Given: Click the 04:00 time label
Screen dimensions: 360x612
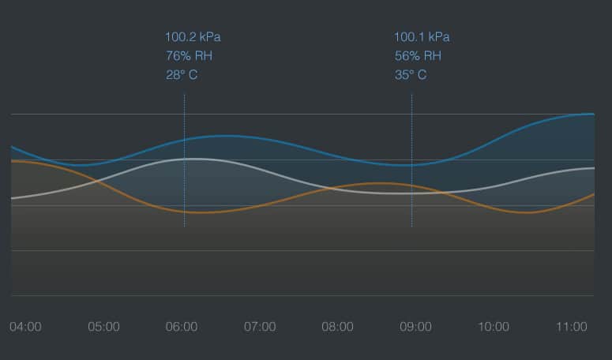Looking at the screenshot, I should (25, 327).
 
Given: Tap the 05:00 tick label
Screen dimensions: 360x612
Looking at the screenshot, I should (103, 327).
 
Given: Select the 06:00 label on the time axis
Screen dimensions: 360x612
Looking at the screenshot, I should (182, 327).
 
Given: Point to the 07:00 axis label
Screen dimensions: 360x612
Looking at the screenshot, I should (260, 327).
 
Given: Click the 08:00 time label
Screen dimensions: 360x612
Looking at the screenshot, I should (337, 327).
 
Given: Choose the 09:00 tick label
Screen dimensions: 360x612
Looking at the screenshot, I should (415, 327).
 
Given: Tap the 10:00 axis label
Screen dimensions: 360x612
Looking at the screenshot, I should (494, 327).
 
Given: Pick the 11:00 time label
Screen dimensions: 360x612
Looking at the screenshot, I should (571, 327).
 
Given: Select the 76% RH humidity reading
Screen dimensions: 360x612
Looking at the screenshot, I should (189, 56).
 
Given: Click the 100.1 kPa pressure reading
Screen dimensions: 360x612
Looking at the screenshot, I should (422, 37).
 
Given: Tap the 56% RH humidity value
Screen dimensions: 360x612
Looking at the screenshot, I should (418, 56).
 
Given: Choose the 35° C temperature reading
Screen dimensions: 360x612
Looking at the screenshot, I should (411, 75).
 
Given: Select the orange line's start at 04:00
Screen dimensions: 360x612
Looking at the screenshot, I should (13, 160).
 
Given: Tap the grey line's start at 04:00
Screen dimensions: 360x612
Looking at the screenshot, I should (13, 198).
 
